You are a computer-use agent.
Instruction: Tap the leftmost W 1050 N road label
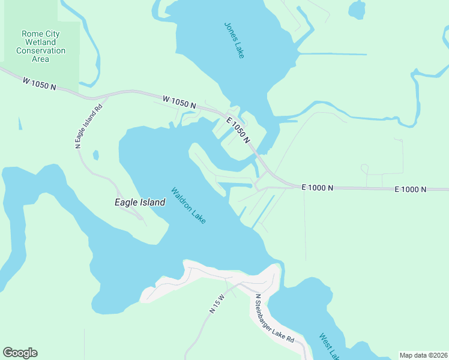point(40,83)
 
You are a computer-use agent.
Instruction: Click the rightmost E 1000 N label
point(411,189)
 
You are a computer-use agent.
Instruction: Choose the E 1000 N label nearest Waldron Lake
point(317,188)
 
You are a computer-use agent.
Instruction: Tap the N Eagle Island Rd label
point(88,126)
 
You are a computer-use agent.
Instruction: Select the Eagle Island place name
point(140,203)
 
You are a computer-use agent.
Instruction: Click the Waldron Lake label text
point(188,206)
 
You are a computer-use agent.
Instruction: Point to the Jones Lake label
point(234,40)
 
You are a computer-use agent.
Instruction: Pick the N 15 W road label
point(217,304)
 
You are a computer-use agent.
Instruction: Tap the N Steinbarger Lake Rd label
point(274,318)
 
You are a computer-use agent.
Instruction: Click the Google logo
point(20,353)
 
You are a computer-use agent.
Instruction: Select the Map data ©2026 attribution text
point(423,355)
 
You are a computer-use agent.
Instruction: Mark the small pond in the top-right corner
point(357,10)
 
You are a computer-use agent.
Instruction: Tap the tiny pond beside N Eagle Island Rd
point(95,155)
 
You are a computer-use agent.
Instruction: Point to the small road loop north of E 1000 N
point(364,167)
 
